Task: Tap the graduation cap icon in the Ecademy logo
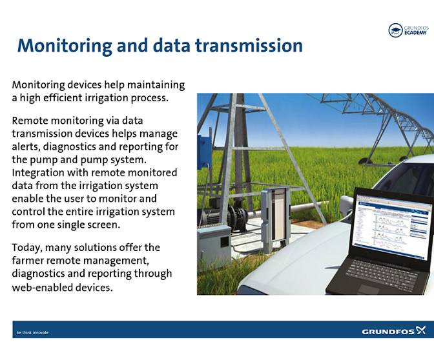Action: (x=395, y=30)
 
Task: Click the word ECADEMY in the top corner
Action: (x=415, y=33)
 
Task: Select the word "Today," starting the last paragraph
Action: (x=27, y=248)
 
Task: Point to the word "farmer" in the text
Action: (x=30, y=261)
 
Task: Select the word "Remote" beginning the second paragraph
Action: (x=31, y=120)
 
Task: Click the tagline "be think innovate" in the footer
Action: (x=32, y=332)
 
